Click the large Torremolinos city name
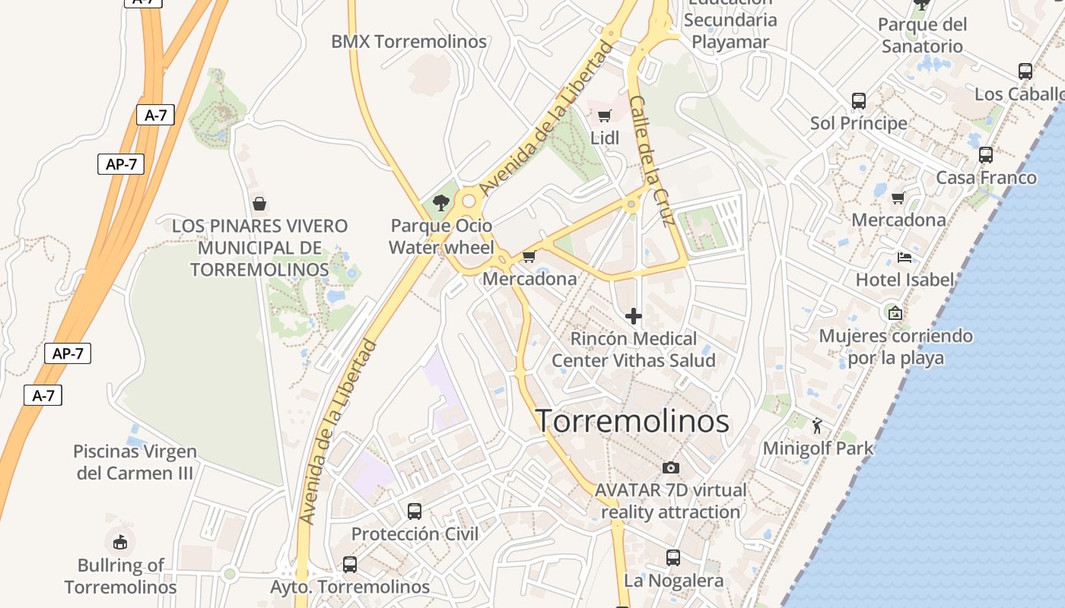click(x=633, y=421)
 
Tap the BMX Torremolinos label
click(x=409, y=42)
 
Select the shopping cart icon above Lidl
click(x=605, y=116)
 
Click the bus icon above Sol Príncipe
click(x=859, y=100)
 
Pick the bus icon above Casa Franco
click(x=986, y=155)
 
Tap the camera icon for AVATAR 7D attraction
click(x=670, y=467)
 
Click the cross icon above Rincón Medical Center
click(x=633, y=315)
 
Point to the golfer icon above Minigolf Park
click(x=818, y=426)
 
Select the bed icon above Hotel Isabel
click(x=904, y=258)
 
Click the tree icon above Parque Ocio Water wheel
click(x=440, y=202)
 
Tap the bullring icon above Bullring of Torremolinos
click(x=120, y=542)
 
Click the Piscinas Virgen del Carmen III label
click(x=135, y=462)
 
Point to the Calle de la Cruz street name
click(x=652, y=161)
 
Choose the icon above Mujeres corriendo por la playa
click(x=895, y=312)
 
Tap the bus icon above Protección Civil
click(x=415, y=511)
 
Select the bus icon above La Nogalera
click(x=673, y=558)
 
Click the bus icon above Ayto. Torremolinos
click(x=350, y=565)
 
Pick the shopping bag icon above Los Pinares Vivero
click(x=259, y=204)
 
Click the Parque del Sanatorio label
click(x=922, y=35)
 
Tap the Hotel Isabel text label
click(x=904, y=280)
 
